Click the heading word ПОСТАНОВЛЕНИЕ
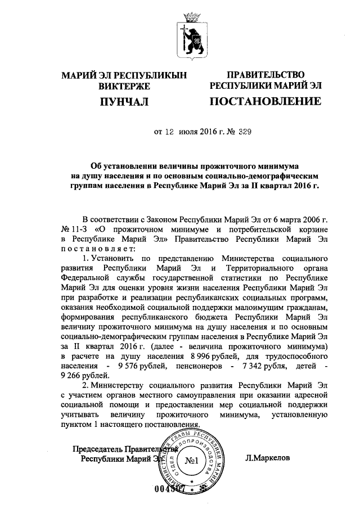pyautogui.click(x=265, y=102)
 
